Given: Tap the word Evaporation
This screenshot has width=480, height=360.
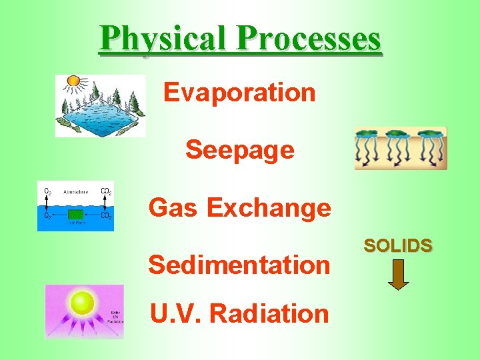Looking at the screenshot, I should point(239,92).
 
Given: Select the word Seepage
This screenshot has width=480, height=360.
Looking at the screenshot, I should point(239,150).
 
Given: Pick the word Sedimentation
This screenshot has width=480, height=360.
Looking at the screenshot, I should point(239,265).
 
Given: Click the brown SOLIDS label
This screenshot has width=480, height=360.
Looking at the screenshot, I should point(398,245).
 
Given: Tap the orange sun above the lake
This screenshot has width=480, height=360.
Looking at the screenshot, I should point(73,82).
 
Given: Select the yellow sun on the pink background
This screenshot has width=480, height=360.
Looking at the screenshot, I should point(82,303).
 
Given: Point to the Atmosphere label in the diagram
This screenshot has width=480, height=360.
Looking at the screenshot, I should point(75,191).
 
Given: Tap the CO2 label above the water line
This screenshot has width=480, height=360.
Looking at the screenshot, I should point(105,191).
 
